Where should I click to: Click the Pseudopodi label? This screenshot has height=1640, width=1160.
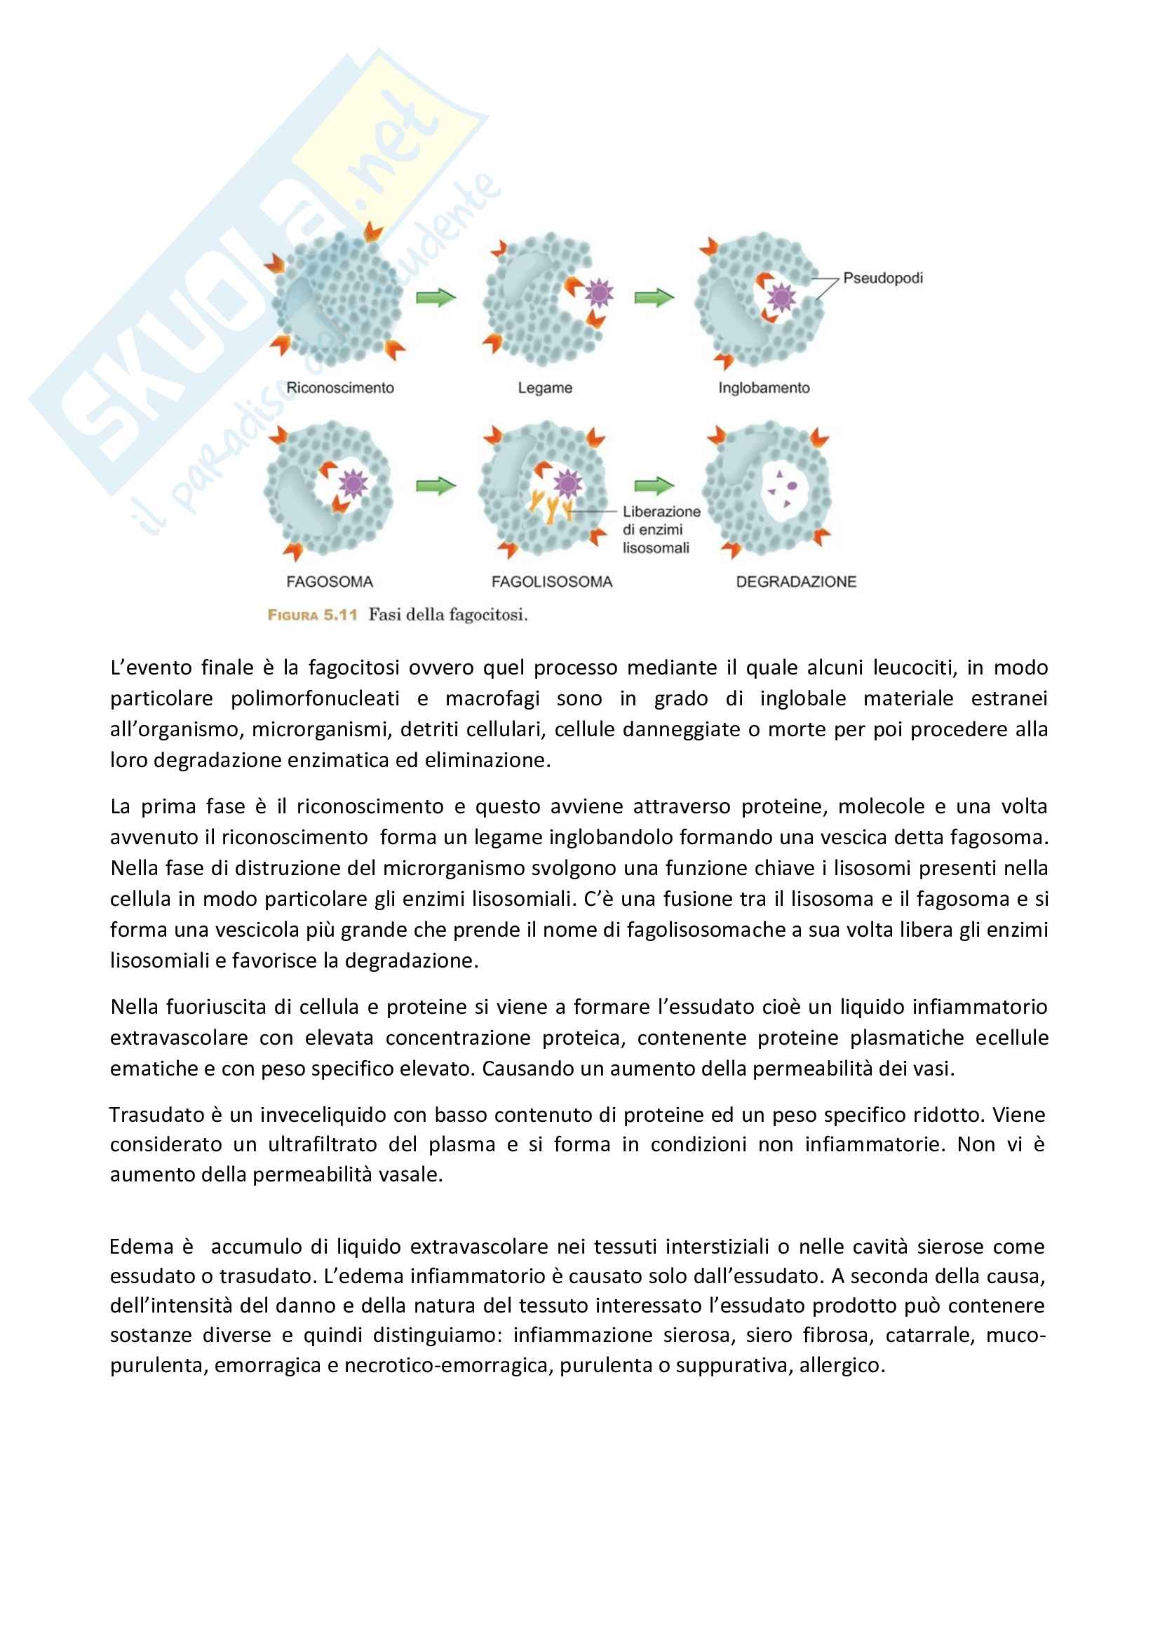pos(882,278)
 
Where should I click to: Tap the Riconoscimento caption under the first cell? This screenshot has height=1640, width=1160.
pos(340,388)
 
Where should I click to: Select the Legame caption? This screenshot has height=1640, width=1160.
pos(545,388)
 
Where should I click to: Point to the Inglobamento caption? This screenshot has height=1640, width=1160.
pos(764,388)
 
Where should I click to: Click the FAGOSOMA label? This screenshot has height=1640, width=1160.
pos(330,581)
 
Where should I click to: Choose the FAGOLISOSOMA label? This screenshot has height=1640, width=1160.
pos(551,581)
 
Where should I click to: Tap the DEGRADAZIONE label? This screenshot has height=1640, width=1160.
pos(796,581)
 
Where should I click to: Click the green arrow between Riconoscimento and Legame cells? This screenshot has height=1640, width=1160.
pos(436,297)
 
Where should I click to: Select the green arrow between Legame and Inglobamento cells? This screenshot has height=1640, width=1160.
pos(654,297)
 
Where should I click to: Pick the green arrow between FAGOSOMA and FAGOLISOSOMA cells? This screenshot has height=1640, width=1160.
pos(436,486)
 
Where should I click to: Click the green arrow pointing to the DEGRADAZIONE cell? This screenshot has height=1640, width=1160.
pos(654,486)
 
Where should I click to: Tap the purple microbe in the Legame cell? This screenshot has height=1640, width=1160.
pos(598,292)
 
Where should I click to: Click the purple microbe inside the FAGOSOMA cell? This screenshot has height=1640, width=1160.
pos(352,484)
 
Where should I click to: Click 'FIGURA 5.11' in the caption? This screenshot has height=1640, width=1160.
pos(312,615)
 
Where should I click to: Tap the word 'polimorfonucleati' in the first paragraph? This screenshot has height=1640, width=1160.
pos(305,698)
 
